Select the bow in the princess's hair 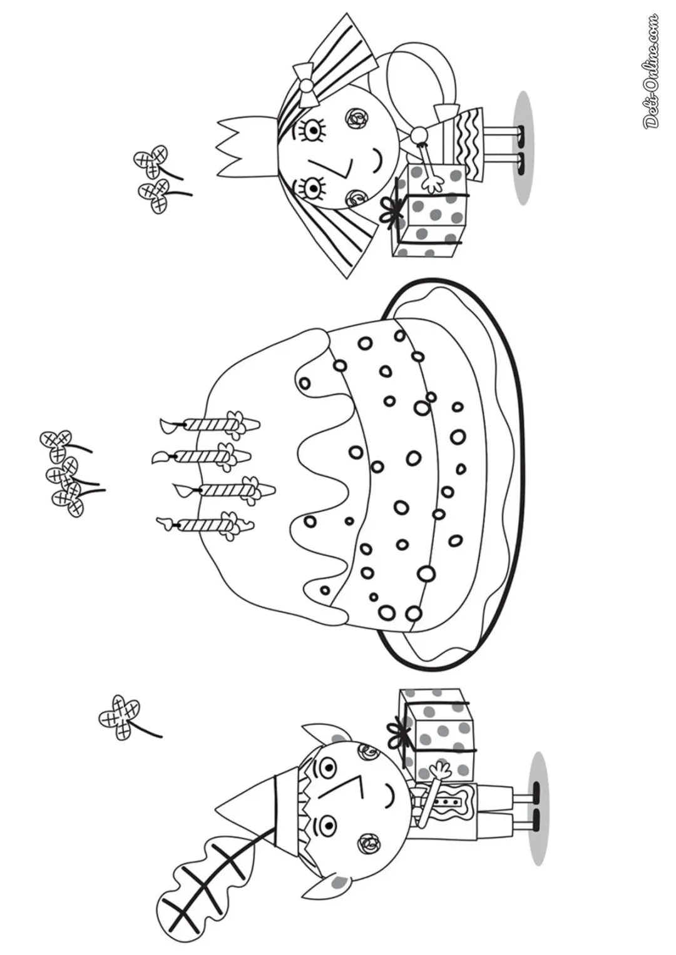[307, 85]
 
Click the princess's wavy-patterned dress [468, 143]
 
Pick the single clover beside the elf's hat [120, 682]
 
